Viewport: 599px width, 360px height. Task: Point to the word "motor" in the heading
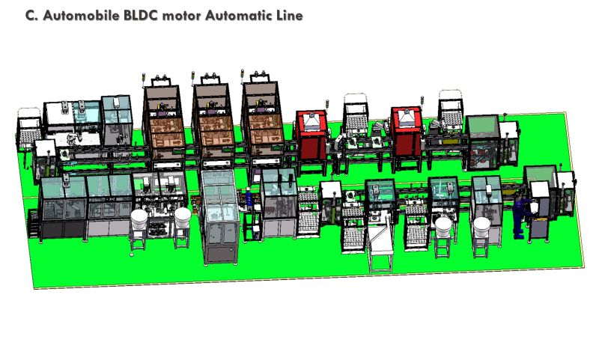point(182,16)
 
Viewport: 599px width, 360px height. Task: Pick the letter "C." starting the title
point(31,16)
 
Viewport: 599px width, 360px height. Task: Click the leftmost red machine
point(312,135)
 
